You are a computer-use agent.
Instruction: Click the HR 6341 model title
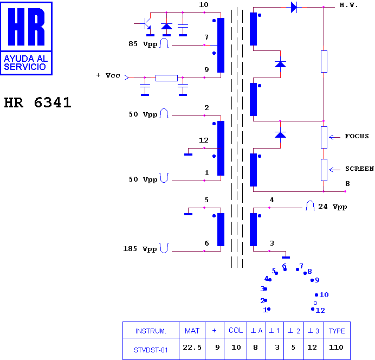pos(38,102)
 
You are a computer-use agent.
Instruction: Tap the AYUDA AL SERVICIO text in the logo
pos(26,63)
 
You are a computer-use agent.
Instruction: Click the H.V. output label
pos(348,5)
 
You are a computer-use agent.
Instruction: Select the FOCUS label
pos(357,136)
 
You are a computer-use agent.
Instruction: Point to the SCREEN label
pos(359,169)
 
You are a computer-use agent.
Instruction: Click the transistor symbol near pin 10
pos(146,24)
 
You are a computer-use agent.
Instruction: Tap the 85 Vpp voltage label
pos(143,44)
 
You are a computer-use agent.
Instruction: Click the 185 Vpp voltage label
pos(140,249)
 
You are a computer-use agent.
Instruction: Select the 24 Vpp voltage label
pos(332,207)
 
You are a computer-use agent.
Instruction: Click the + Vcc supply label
pos(108,75)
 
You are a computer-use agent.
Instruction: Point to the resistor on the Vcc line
pos(166,78)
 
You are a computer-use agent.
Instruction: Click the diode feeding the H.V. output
pos(294,7)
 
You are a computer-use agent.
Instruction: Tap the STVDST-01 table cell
pos(151,350)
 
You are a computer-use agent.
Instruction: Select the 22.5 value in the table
pos(192,347)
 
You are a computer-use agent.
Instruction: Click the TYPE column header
pos(337,331)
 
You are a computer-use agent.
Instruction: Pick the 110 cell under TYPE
pos(336,347)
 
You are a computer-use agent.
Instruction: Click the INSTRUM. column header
pos(151,331)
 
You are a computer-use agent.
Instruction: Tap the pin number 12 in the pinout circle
pos(320,311)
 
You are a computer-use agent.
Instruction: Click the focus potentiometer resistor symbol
pos(324,137)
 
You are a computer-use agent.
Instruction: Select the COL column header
pos(236,330)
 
